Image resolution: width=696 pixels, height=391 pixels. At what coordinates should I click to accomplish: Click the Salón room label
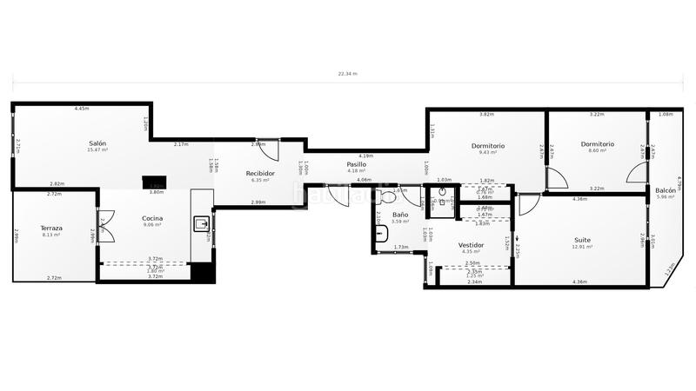(x=97, y=142)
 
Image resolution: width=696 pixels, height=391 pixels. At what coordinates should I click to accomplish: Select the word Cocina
(x=154, y=218)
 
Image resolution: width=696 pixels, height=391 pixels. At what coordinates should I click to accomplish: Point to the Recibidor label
(x=261, y=173)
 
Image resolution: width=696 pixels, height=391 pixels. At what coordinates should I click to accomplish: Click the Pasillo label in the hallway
(x=357, y=163)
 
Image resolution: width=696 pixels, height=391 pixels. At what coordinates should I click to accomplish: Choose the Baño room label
(x=400, y=214)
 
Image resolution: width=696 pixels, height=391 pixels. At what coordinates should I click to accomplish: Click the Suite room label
(x=582, y=240)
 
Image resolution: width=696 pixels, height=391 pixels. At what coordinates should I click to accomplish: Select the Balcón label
(x=666, y=189)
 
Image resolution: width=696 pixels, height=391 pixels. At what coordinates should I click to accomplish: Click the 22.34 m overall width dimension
(x=348, y=74)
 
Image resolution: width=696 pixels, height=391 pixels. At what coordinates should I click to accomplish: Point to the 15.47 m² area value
(x=97, y=150)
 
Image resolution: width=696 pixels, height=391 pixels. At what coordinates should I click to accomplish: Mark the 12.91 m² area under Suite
(x=582, y=248)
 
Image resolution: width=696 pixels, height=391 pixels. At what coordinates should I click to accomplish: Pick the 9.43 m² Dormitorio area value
(x=488, y=152)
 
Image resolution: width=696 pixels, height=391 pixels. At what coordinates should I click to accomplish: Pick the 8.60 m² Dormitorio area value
(x=598, y=151)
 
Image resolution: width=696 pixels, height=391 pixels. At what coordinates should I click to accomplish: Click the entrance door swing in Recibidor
(x=271, y=150)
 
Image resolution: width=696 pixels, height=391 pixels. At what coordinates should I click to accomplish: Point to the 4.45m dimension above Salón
(x=81, y=109)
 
